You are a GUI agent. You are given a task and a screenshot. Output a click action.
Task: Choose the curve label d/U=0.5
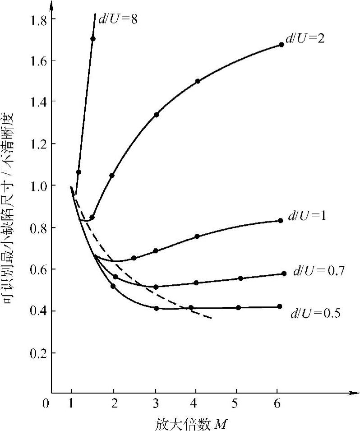315,312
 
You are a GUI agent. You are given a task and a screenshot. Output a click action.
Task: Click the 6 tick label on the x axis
277,403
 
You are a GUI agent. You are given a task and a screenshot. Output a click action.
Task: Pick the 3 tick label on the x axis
156,403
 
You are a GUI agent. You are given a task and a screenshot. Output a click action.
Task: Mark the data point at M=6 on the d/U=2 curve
282,45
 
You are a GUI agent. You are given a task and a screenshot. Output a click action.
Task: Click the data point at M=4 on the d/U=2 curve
198,81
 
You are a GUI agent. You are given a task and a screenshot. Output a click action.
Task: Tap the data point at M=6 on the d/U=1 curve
280,221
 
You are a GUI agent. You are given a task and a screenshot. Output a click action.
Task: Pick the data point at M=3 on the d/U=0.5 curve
156,308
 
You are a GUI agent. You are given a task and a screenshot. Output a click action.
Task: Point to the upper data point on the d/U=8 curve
92,39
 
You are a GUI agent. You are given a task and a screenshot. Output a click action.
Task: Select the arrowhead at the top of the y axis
51,5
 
